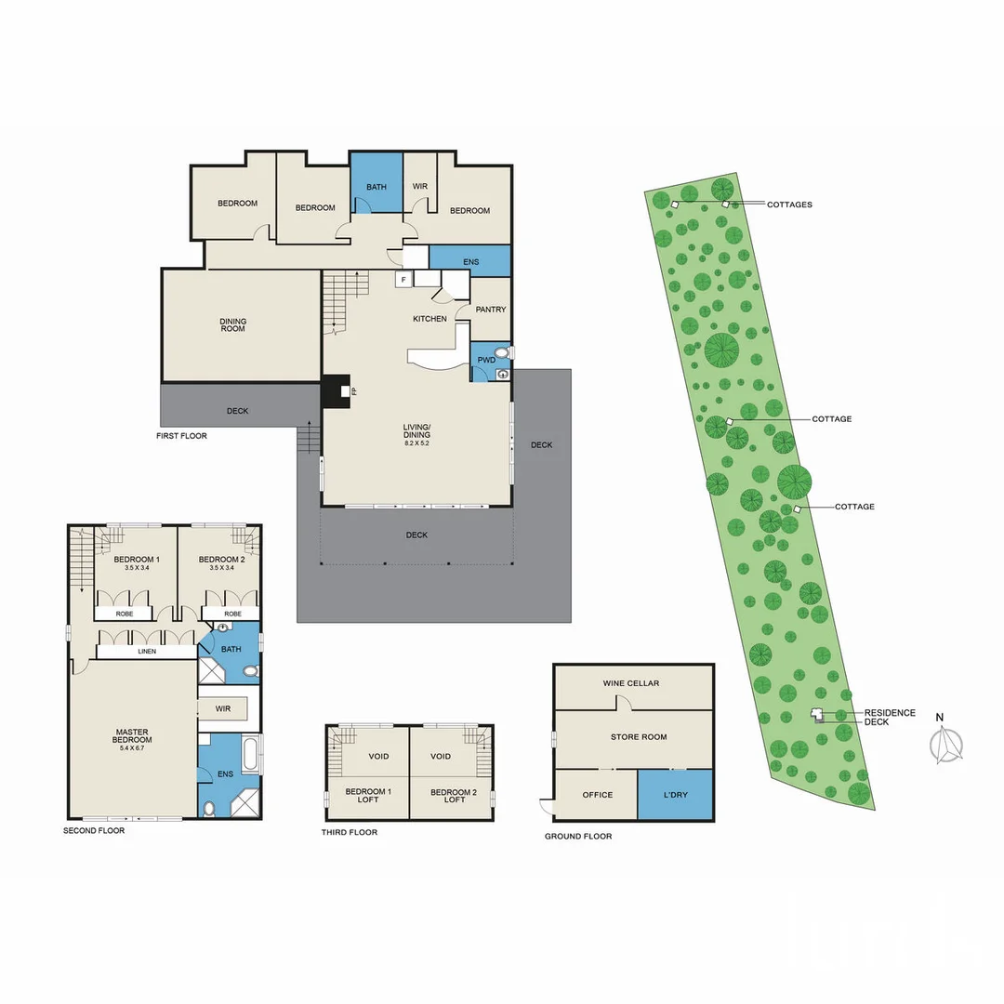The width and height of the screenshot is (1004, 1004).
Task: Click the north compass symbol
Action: pos(947,744)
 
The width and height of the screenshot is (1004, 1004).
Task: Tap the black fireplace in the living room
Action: pos(335,391)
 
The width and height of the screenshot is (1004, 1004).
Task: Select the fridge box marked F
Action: pos(403,278)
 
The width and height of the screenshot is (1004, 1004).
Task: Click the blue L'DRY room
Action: pos(675,795)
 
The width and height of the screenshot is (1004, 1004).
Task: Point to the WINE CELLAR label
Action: pos(631,683)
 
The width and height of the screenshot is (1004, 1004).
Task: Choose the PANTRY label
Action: pos(490,310)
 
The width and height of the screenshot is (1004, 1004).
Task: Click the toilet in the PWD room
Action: pos(502,353)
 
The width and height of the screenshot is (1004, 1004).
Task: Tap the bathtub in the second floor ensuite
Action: pos(250,754)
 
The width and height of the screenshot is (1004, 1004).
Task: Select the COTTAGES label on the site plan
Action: pos(789,205)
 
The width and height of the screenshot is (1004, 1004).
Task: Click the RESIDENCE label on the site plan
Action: pos(890,713)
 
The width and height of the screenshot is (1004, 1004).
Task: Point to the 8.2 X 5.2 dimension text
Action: pos(416,443)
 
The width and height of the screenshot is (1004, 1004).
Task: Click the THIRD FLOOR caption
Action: pos(350,832)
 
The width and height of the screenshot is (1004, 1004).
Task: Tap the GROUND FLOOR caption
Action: pos(578,837)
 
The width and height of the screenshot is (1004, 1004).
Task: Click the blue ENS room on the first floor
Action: pos(470,261)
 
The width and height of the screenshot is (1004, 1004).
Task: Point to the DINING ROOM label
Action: pos(233,325)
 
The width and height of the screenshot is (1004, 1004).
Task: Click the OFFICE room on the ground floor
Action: pos(597,795)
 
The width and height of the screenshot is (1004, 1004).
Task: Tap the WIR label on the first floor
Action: pos(419,187)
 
